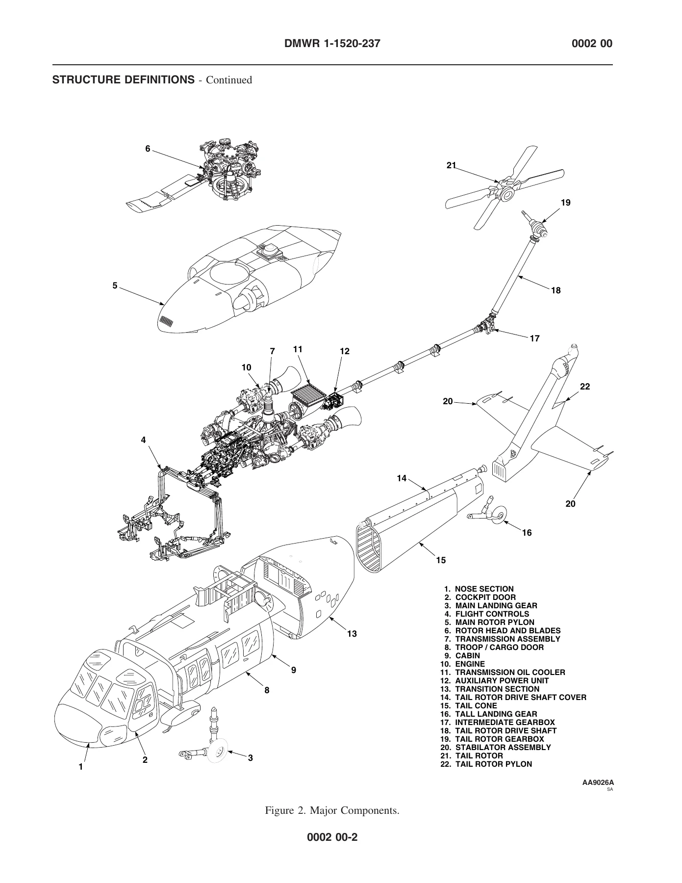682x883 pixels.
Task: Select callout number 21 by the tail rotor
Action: point(451,165)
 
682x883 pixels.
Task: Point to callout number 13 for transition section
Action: point(352,634)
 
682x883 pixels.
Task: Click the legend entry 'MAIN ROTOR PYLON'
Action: point(495,623)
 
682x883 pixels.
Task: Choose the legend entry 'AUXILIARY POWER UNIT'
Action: point(502,680)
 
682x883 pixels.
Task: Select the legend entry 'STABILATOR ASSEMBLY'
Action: point(503,747)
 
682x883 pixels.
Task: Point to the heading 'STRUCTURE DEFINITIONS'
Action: point(124,79)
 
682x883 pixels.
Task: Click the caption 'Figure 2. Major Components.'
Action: point(332,810)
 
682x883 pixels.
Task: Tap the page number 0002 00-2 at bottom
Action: point(332,836)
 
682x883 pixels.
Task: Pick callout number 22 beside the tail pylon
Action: point(585,387)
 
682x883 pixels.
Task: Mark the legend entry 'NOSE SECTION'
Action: point(484,589)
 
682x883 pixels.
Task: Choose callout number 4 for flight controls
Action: point(143,440)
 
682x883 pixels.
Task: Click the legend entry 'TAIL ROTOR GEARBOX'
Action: point(500,739)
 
